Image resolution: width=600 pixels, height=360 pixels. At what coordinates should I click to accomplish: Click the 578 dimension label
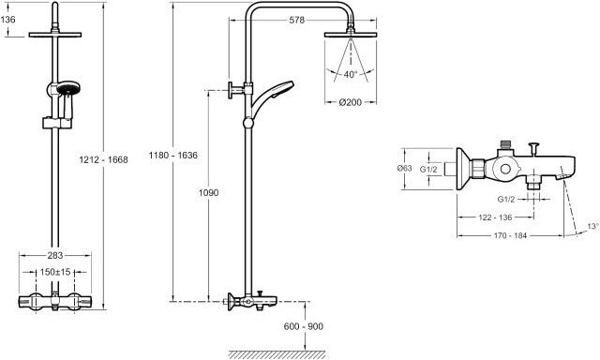coord(296,20)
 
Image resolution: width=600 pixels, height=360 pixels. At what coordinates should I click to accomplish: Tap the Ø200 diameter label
coord(350,102)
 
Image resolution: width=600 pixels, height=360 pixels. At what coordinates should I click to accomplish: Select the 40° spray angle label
coord(350,74)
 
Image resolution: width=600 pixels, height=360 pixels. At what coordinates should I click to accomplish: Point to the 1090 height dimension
coord(208,192)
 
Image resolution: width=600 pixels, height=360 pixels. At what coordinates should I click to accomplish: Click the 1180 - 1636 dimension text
coord(173,155)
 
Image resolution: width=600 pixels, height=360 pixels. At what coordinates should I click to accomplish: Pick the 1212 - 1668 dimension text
coord(103,159)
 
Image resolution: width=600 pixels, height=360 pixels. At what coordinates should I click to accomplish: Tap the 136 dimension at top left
coord(8,19)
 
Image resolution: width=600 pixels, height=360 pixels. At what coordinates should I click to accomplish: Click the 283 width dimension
coord(55,255)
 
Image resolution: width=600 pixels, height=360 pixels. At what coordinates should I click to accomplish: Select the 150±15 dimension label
coord(55,272)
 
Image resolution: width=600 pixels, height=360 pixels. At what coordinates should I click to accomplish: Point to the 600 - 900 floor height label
coord(304,326)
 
